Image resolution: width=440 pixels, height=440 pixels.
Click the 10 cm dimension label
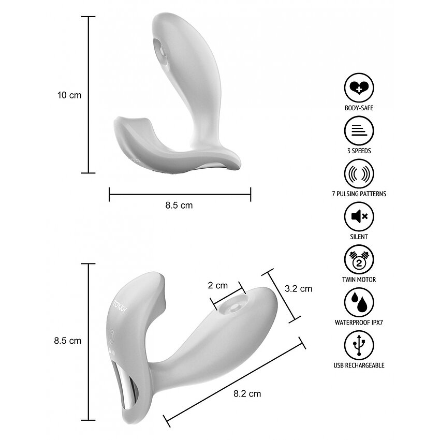click(x=69, y=95)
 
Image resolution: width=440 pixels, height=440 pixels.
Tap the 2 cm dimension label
click(x=217, y=285)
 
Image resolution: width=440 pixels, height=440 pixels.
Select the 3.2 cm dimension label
click(x=298, y=288)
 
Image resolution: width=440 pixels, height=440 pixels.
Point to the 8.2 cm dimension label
click(x=247, y=394)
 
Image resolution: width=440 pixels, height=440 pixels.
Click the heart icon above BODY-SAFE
click(x=359, y=88)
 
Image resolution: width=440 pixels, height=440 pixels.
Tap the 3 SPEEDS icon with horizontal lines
click(x=359, y=131)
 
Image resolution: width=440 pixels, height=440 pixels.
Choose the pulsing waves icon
click(x=359, y=174)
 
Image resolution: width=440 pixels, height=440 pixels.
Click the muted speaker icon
click(x=359, y=216)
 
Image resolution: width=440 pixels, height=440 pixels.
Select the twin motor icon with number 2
click(x=359, y=259)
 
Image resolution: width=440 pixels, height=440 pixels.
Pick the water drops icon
click(x=359, y=302)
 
